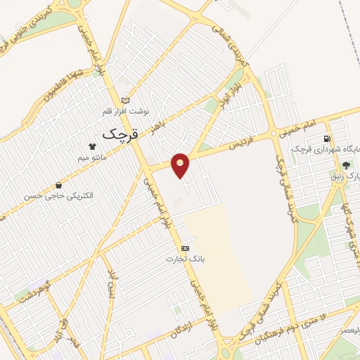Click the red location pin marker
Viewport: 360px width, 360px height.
point(181,165)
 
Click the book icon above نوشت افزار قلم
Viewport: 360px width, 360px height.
point(125,100)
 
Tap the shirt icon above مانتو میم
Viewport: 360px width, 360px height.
point(92,147)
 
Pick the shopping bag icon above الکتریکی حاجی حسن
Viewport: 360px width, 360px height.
point(58,185)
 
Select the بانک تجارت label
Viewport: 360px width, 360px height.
point(180,259)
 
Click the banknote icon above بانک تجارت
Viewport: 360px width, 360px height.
point(185,248)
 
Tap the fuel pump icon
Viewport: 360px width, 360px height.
point(326,139)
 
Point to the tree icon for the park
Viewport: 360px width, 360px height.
point(345,165)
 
